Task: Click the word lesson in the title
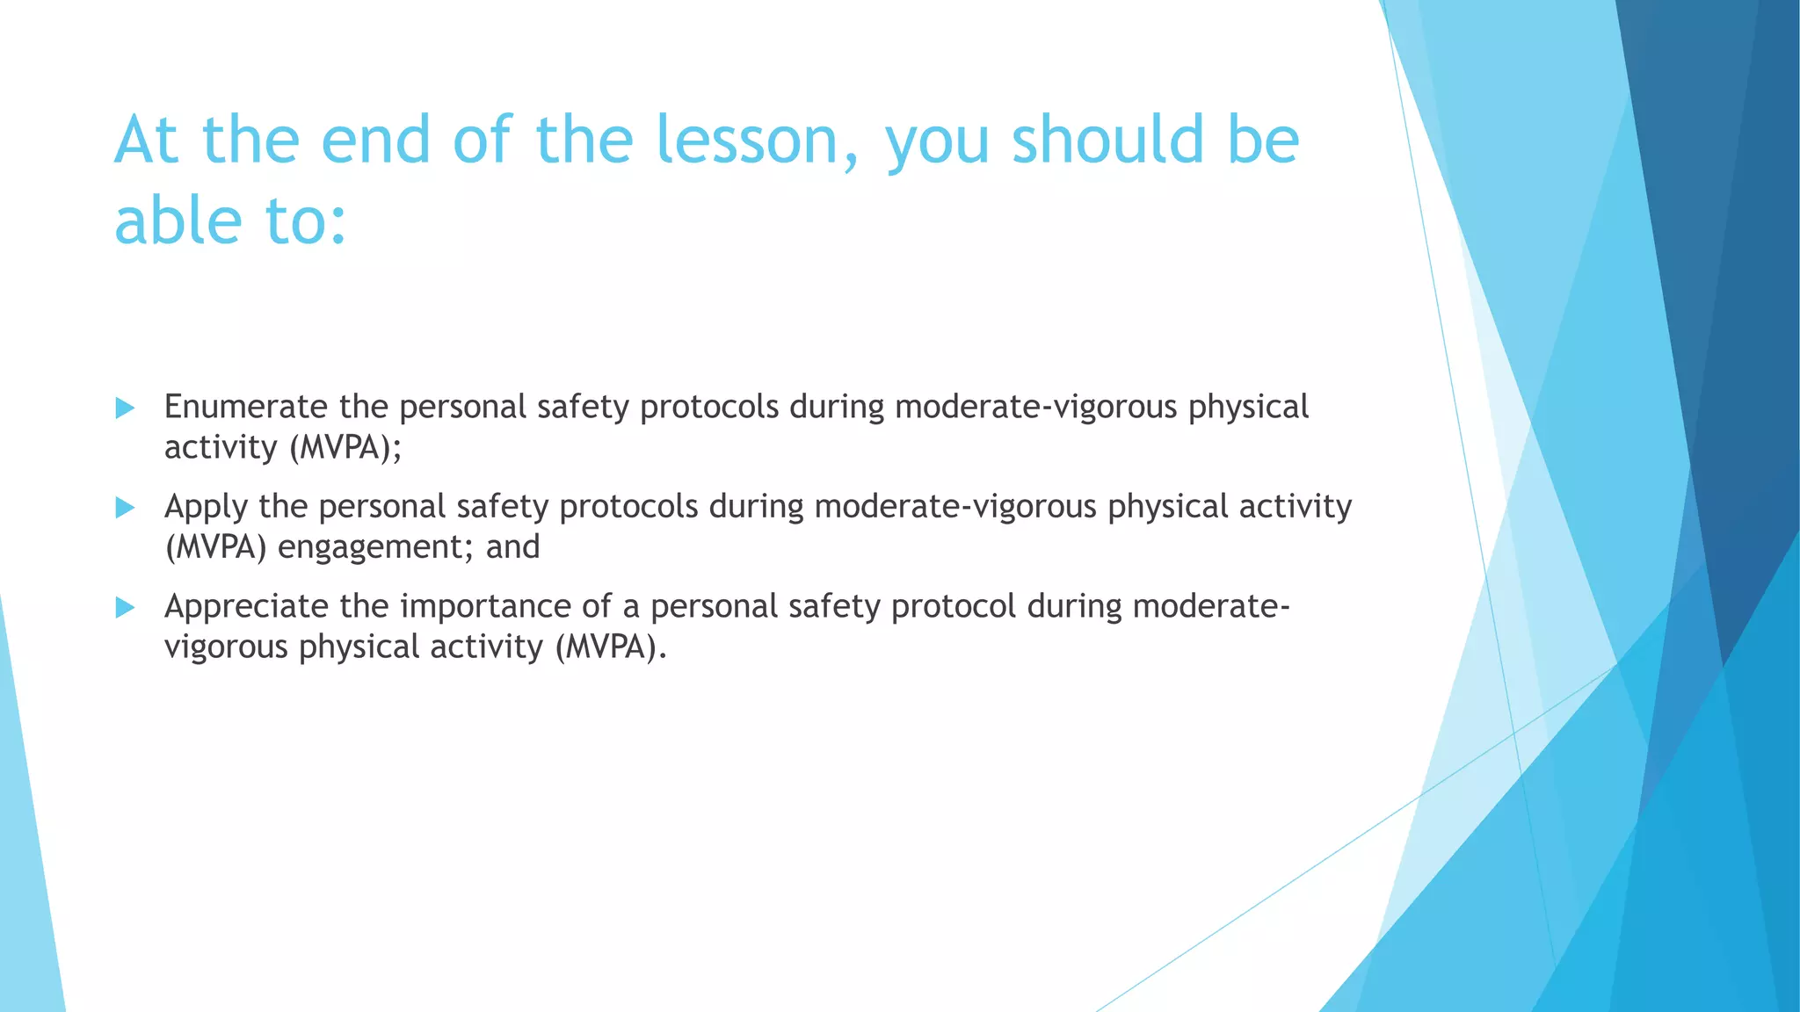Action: point(757,141)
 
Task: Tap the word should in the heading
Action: point(1107,141)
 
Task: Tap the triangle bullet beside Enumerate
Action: point(125,408)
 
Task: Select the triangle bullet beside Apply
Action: point(125,507)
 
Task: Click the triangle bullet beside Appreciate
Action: point(125,607)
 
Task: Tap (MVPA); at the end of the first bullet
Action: point(345,448)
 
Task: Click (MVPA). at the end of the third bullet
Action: point(611,647)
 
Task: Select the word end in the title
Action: point(375,141)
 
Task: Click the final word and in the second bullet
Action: point(512,547)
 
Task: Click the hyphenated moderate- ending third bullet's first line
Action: point(1211,606)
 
